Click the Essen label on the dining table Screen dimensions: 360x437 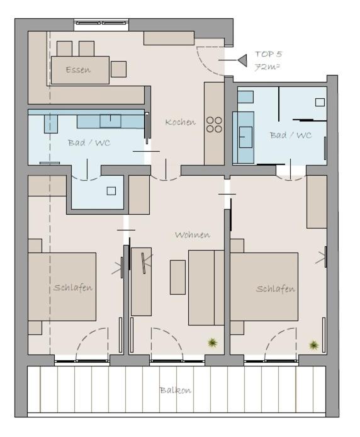78,69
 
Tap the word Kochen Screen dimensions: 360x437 180,122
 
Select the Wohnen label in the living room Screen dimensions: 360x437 193,235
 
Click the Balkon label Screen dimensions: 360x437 176,390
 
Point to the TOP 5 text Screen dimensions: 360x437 269,54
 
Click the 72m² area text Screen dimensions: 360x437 267,67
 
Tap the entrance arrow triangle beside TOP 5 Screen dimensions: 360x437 242,60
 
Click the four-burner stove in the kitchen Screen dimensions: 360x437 214,125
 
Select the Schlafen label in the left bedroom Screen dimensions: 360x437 73,287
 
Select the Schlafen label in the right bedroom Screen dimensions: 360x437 275,289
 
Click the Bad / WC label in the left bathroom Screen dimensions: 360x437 89,143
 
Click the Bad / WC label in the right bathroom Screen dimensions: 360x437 291,135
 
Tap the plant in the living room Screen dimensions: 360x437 213,343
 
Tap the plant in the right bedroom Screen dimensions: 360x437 314,345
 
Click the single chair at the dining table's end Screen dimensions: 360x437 119,69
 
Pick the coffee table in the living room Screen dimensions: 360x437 177,277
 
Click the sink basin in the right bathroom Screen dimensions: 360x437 245,137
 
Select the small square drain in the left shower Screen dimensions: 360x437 111,191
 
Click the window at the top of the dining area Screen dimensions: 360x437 101,22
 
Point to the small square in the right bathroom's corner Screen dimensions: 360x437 320,102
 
